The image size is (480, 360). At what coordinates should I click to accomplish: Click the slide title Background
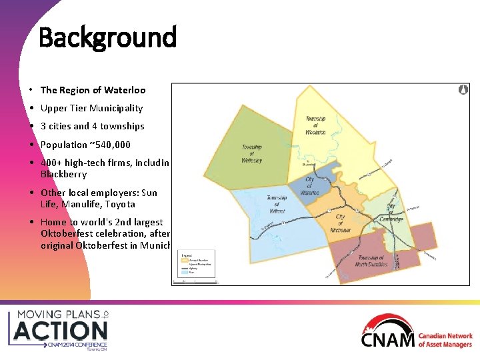point(107,37)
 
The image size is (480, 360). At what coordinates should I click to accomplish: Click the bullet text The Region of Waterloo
point(93,90)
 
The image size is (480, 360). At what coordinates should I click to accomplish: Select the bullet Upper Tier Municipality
point(91,108)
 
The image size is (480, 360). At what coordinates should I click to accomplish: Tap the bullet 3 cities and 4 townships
point(92,126)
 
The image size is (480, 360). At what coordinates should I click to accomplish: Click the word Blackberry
point(63,174)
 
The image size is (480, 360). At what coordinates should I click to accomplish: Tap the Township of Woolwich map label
point(316,126)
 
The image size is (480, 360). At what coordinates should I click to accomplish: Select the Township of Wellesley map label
point(251,153)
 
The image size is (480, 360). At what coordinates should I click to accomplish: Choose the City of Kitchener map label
point(340,223)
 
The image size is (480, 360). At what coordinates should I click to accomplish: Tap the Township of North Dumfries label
point(371,262)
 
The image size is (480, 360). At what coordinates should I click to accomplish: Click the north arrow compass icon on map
point(463,89)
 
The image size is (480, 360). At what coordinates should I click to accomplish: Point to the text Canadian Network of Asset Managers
point(445,340)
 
